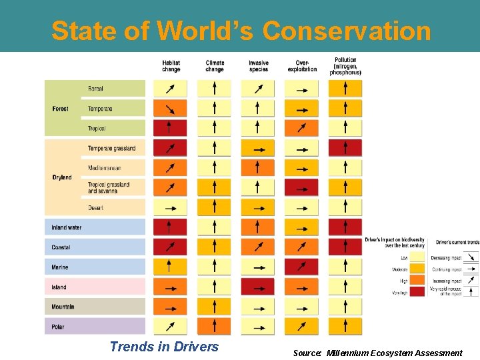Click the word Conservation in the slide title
347,31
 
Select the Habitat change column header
171,66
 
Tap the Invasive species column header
258,66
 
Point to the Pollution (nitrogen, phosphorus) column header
345,66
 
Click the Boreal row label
95,89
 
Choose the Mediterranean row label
104,168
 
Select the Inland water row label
67,228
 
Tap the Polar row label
59,327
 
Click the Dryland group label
62,177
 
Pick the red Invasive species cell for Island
257,287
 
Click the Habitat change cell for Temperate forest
171,109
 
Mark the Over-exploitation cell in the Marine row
301,267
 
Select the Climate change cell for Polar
214,327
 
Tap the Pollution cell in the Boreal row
345,89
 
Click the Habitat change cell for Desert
171,208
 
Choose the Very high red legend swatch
417,292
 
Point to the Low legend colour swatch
417,257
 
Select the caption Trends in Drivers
164,347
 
